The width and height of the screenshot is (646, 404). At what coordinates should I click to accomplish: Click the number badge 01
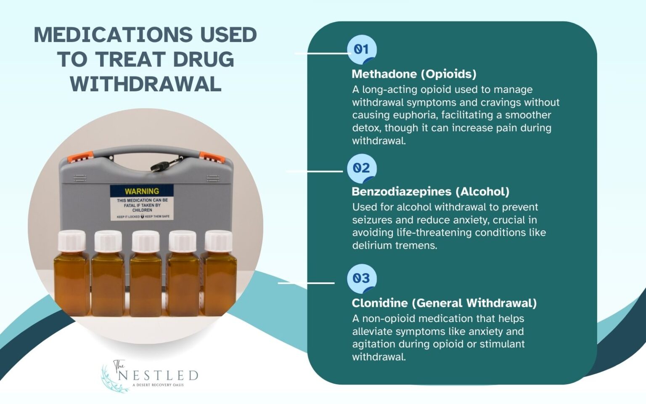[361, 50]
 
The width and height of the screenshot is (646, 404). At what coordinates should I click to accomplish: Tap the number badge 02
[361, 168]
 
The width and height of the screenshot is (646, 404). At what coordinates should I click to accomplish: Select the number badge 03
[361, 278]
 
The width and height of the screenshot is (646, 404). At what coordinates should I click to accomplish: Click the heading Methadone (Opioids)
[414, 74]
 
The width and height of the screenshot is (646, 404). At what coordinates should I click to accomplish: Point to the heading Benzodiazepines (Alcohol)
[430, 192]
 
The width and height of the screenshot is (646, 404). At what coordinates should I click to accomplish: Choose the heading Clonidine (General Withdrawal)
[444, 303]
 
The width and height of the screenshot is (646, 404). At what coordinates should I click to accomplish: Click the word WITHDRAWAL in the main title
[146, 84]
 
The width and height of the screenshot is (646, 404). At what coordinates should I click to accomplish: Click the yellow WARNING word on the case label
[142, 191]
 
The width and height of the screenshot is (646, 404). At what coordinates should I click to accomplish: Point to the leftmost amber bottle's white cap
[71, 241]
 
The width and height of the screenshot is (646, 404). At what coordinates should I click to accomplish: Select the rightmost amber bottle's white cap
[218, 241]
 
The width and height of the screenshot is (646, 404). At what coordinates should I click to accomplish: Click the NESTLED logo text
[158, 375]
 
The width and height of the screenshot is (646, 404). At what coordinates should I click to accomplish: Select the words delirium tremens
[394, 245]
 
